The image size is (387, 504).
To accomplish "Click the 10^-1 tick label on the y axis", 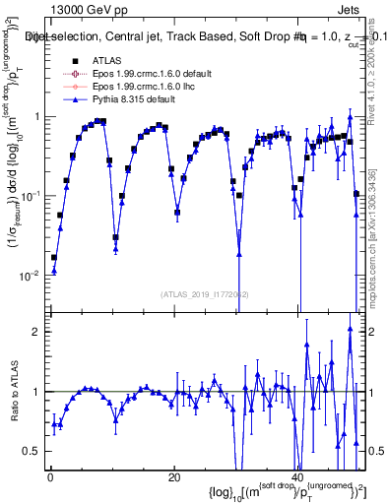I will pyautogui.click(x=33, y=196).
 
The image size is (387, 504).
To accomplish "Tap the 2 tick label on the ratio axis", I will pyautogui.click(x=38, y=332).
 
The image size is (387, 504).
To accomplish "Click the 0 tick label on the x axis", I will pyautogui.click(x=48, y=477).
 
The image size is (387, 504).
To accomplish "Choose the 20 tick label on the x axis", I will pyautogui.click(x=173, y=477).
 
